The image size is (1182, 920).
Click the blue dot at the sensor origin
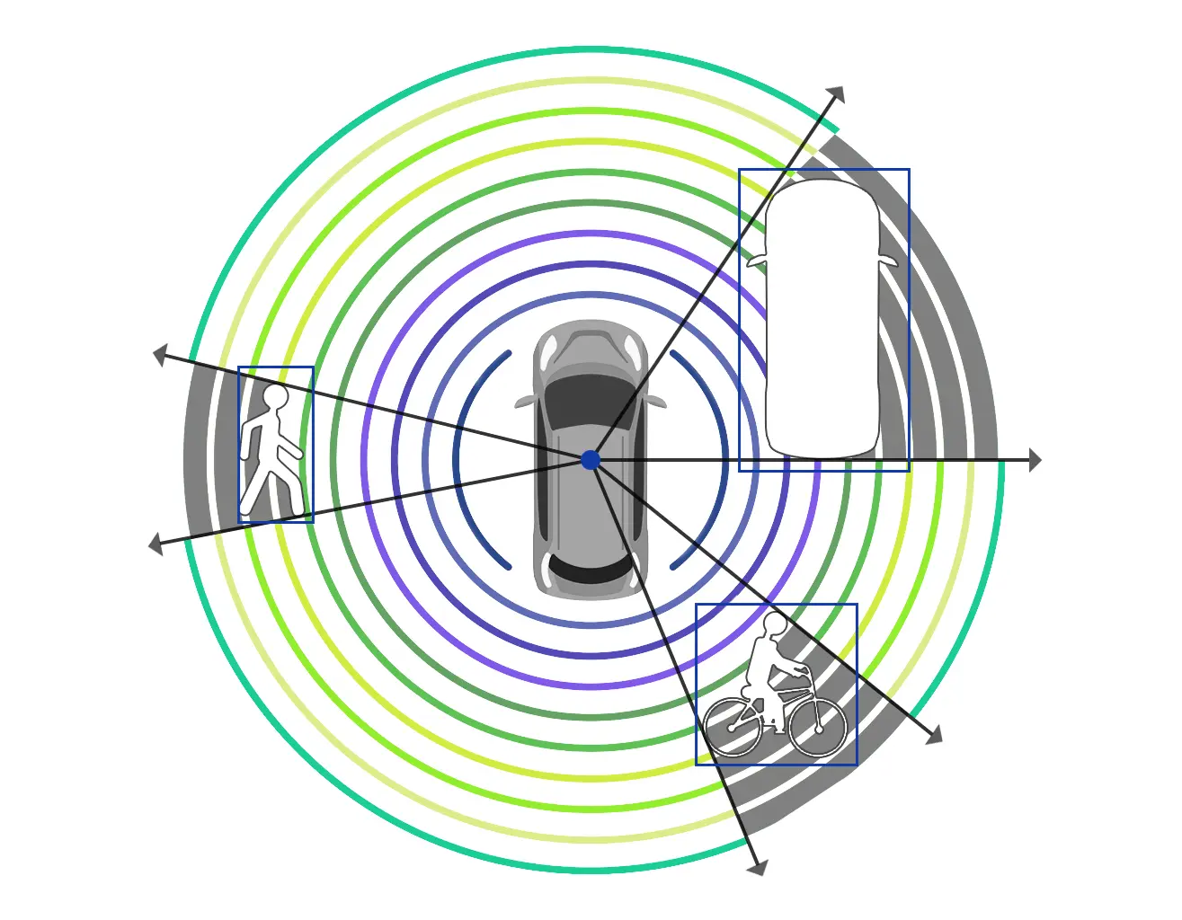coord(591,460)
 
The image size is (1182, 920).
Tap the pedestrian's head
coord(275,396)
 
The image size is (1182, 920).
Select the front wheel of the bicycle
coord(818,726)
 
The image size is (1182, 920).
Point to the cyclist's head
coord(775,624)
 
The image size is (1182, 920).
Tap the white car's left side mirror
coord(756,261)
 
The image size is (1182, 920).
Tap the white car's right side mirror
coord(889,261)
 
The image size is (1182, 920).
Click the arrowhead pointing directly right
coord(1035,460)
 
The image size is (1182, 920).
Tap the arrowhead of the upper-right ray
coord(837,93)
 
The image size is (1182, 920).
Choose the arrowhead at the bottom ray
coord(759,867)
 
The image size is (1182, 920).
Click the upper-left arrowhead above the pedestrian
coord(160,355)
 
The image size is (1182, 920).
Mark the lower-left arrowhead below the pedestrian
coord(156,544)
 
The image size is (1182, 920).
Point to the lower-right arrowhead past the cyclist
coord(934,736)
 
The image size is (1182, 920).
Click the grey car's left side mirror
coord(523,402)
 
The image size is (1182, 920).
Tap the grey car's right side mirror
coord(658,402)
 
